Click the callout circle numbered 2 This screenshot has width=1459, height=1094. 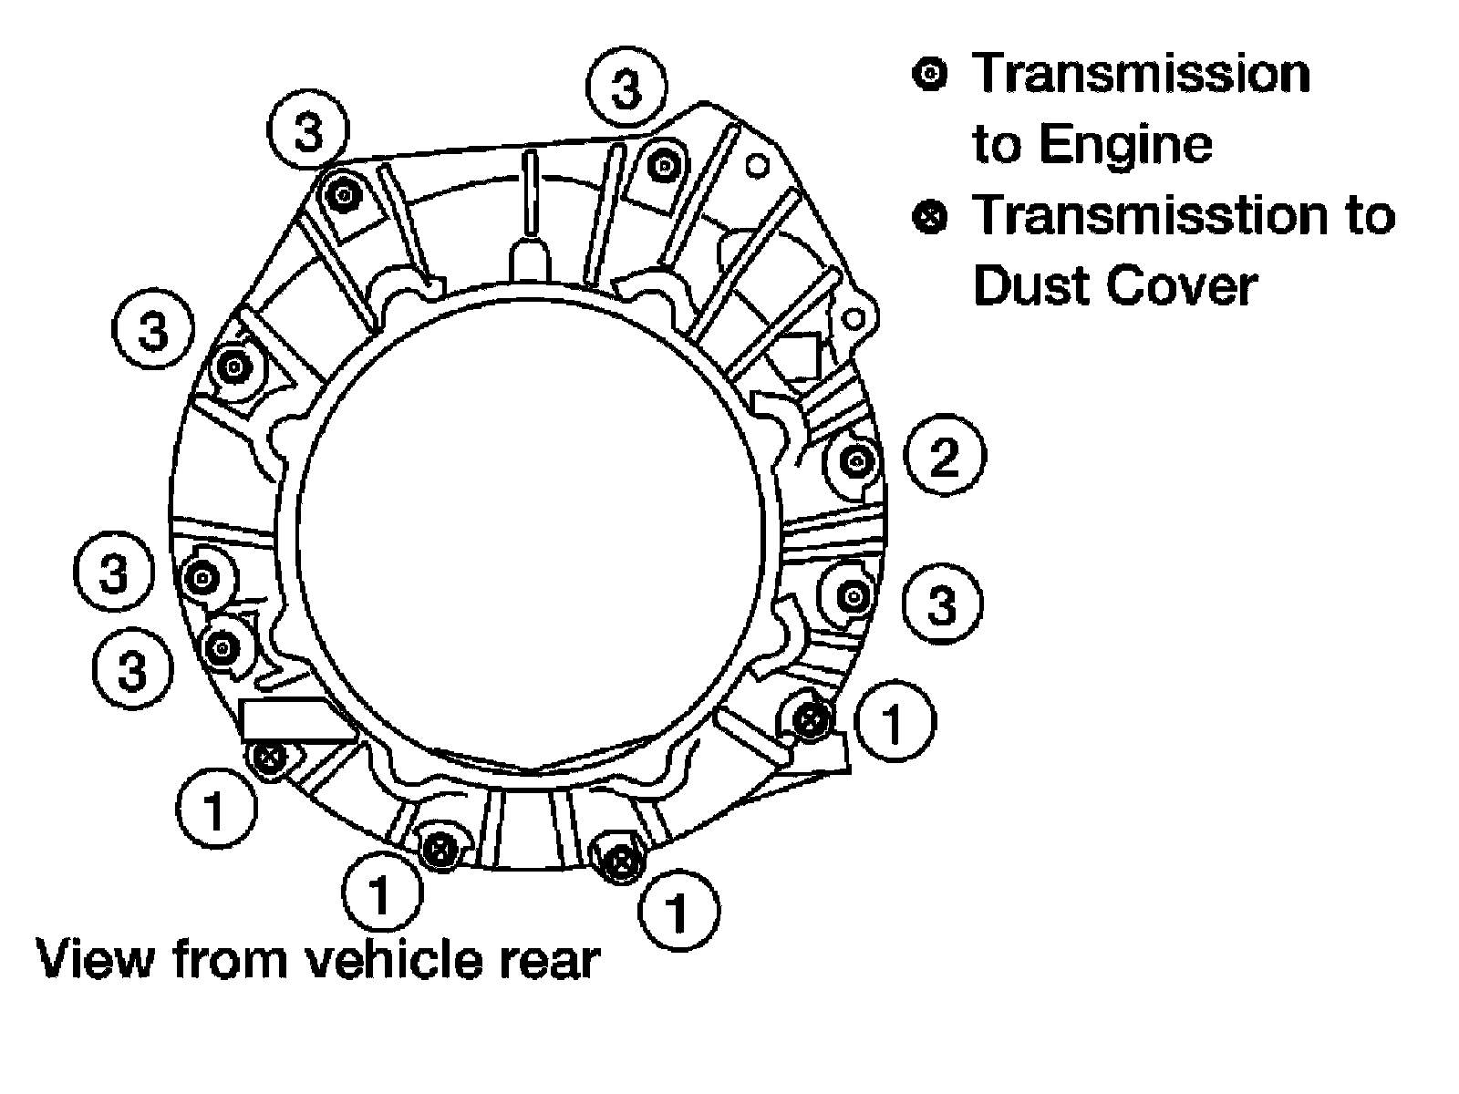coord(945,456)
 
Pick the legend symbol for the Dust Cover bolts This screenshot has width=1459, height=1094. coord(930,217)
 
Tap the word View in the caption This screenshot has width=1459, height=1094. coord(96,958)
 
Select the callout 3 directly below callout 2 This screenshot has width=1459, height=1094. coord(943,604)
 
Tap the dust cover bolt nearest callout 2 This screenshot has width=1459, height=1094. coord(810,718)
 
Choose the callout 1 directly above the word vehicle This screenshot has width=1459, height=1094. coord(381,893)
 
